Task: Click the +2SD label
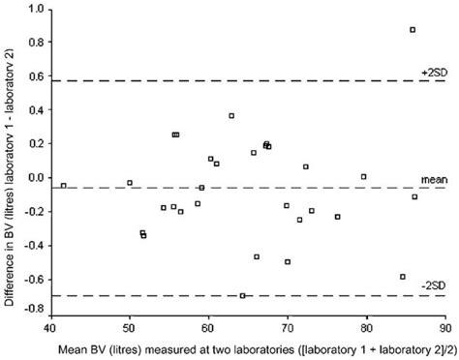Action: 432,73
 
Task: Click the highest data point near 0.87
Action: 413,30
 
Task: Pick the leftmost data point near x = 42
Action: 64,185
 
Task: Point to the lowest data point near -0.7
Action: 242,295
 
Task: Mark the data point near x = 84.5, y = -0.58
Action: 403,277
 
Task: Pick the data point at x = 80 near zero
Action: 363,176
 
